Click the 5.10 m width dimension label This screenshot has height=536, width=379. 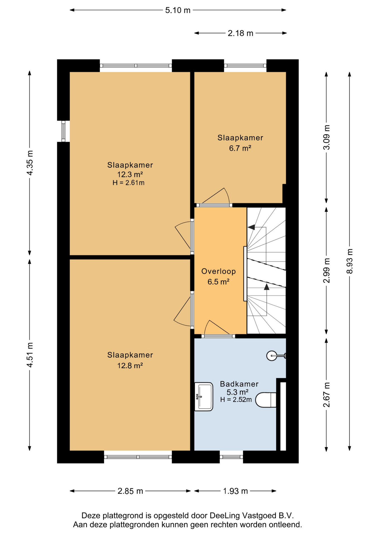pos(178,10)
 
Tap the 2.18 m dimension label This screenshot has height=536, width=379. pos(240,33)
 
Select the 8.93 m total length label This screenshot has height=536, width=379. pos(350,261)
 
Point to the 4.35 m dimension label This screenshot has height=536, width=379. pos(30,163)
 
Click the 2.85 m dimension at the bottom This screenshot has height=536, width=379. pos(130,491)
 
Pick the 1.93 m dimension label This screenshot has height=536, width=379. pos(235,491)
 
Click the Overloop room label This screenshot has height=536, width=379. pos(219,271)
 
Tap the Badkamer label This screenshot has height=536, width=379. pos(239,384)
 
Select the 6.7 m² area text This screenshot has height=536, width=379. pos(240,148)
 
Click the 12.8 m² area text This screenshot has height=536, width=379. pos(130,365)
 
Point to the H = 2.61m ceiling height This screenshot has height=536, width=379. pos(128,183)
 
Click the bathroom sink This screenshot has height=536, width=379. pos(203,397)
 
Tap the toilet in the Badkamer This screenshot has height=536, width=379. pos(266,400)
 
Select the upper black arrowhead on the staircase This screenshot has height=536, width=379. pos(251,227)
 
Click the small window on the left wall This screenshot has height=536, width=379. pos(63,131)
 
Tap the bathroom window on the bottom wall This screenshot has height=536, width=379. pos(231,457)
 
